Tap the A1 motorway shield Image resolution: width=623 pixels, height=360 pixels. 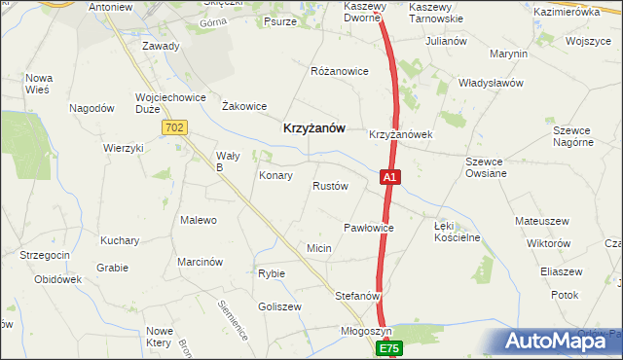pos(388,178)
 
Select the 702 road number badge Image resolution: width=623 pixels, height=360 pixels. pos(174,127)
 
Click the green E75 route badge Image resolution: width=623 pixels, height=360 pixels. pos(389,347)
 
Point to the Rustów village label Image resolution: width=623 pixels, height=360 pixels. pos(330,186)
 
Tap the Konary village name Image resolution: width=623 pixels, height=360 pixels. pos(276,176)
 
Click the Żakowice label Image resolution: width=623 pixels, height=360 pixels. pos(244,106)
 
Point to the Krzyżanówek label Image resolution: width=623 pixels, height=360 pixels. pos(400,134)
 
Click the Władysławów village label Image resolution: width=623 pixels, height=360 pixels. pos(492,83)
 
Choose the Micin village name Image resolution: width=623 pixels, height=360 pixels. pos(319,249)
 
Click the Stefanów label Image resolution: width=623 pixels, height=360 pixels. pos(357,295)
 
